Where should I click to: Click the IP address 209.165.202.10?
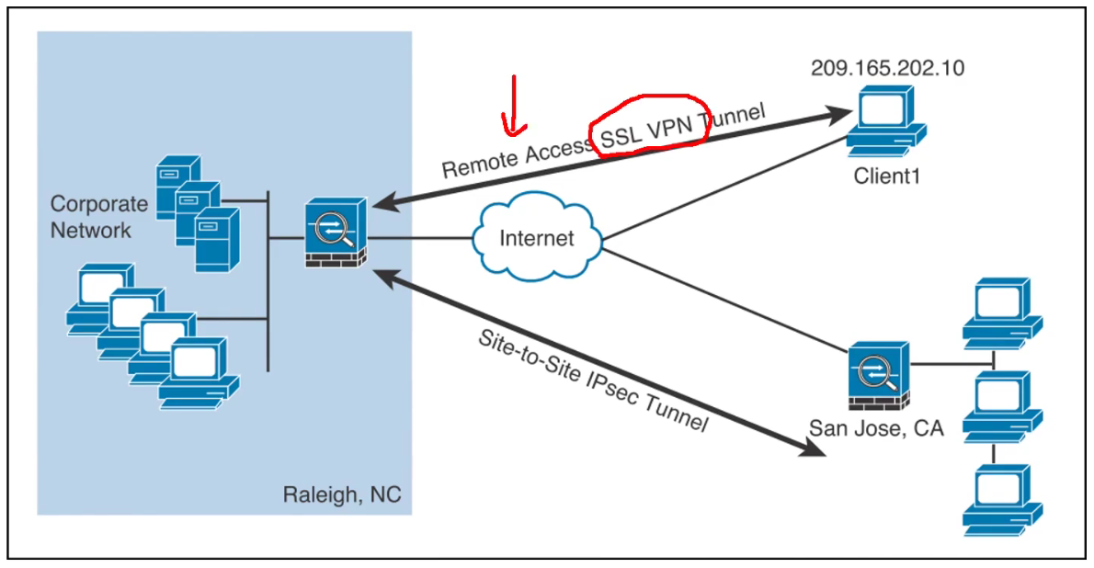887,68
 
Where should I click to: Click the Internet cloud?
537,240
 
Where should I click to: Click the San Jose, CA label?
876,428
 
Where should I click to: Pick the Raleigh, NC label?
341,497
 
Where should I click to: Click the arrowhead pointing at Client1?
838,115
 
